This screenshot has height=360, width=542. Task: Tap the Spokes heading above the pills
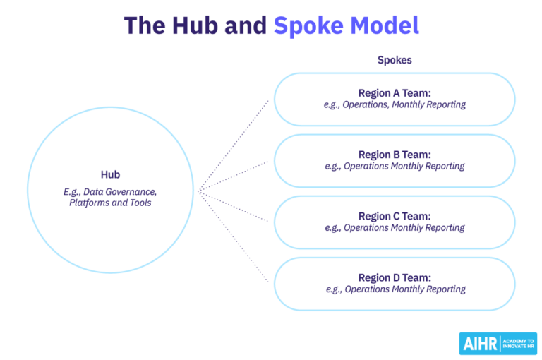(x=395, y=60)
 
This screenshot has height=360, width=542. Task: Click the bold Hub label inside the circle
(x=110, y=174)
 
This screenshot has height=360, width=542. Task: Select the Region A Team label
(x=395, y=92)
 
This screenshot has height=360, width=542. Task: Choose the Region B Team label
(x=395, y=155)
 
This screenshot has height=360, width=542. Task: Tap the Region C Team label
(x=395, y=216)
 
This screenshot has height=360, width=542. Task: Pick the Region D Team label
(x=395, y=277)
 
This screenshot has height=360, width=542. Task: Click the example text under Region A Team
(x=395, y=104)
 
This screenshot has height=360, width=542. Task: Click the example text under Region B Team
(x=395, y=167)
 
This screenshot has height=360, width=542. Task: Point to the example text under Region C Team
(x=395, y=228)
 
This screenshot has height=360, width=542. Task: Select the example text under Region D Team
(x=395, y=289)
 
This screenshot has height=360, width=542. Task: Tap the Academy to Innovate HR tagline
(x=519, y=344)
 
